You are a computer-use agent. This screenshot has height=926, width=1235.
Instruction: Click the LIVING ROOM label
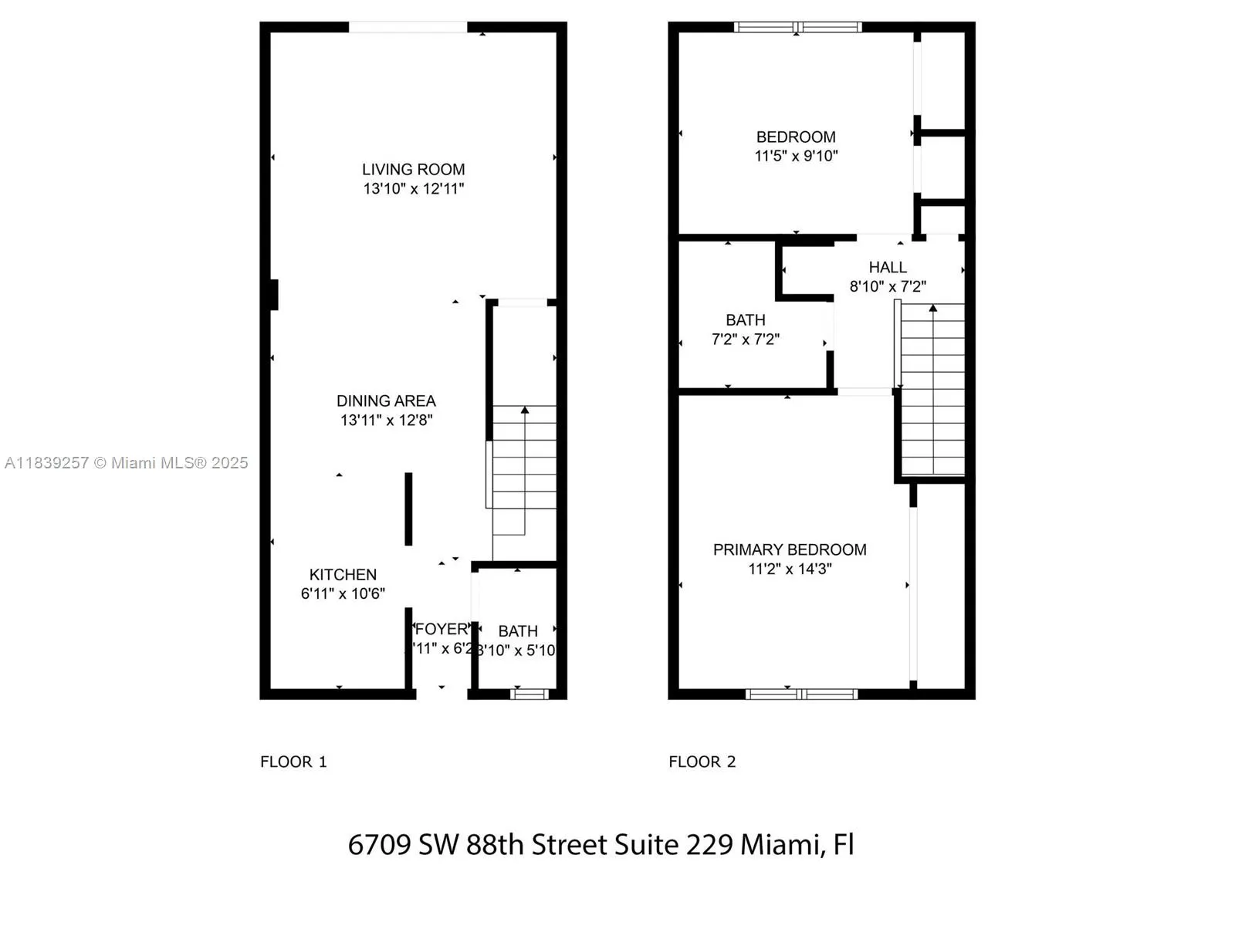pyautogui.click(x=413, y=169)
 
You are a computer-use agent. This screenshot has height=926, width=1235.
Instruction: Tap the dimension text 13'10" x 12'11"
pyautogui.click(x=413, y=188)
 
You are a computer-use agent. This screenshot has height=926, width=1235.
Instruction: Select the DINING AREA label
pyautogui.click(x=386, y=400)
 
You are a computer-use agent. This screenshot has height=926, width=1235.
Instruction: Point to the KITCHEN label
pyautogui.click(x=343, y=574)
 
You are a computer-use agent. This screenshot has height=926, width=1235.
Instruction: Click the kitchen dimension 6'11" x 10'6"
pyautogui.click(x=343, y=593)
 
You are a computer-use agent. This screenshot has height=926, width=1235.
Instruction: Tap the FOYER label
pyautogui.click(x=442, y=629)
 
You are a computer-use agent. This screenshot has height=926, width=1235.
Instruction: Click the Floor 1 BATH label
pyautogui.click(x=517, y=631)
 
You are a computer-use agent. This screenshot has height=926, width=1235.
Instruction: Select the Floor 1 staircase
pyautogui.click(x=524, y=471)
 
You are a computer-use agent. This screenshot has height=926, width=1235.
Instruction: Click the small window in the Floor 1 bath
pyautogui.click(x=530, y=694)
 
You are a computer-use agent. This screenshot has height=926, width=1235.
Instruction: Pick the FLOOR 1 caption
pyautogui.click(x=293, y=762)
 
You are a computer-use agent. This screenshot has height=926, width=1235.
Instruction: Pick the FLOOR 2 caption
pyautogui.click(x=702, y=762)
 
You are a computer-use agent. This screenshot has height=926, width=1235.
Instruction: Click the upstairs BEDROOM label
pyautogui.click(x=796, y=137)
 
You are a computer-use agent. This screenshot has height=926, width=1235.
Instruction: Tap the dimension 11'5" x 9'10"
pyautogui.click(x=796, y=156)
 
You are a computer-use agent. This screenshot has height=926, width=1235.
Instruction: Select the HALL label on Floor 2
pyautogui.click(x=888, y=267)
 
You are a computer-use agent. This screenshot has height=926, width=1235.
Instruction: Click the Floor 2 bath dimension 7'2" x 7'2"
pyautogui.click(x=745, y=339)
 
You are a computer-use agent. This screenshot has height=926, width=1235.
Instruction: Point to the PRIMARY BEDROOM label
pyautogui.click(x=790, y=549)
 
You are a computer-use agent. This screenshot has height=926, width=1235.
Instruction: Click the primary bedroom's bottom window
pyautogui.click(x=801, y=694)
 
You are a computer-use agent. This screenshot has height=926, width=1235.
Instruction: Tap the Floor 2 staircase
pyautogui.click(x=932, y=390)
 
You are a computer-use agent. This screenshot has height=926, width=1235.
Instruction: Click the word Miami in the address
pyautogui.click(x=780, y=844)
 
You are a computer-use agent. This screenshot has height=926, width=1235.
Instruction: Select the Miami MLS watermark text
pyautogui.click(x=127, y=462)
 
